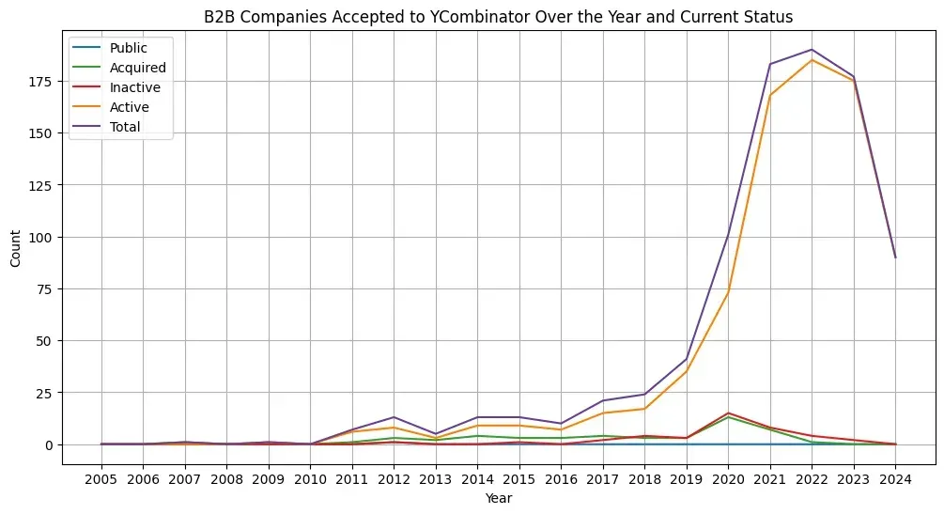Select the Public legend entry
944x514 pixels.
(109, 48)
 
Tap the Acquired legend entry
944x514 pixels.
(118, 68)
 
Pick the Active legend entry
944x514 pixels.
(110, 107)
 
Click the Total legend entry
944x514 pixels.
(106, 127)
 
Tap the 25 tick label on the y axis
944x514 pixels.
(45, 393)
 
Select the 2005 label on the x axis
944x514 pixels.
(101, 479)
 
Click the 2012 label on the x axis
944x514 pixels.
(394, 479)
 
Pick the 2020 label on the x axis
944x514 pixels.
(729, 479)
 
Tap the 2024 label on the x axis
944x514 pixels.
(895, 479)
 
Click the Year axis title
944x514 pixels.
(499, 498)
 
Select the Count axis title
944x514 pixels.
(15, 248)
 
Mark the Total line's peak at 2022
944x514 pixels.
(812, 50)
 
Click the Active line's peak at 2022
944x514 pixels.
(812, 59)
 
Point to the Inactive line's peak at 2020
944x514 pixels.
(729, 413)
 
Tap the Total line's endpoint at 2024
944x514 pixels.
(895, 257)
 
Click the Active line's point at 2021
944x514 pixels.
(770, 95)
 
